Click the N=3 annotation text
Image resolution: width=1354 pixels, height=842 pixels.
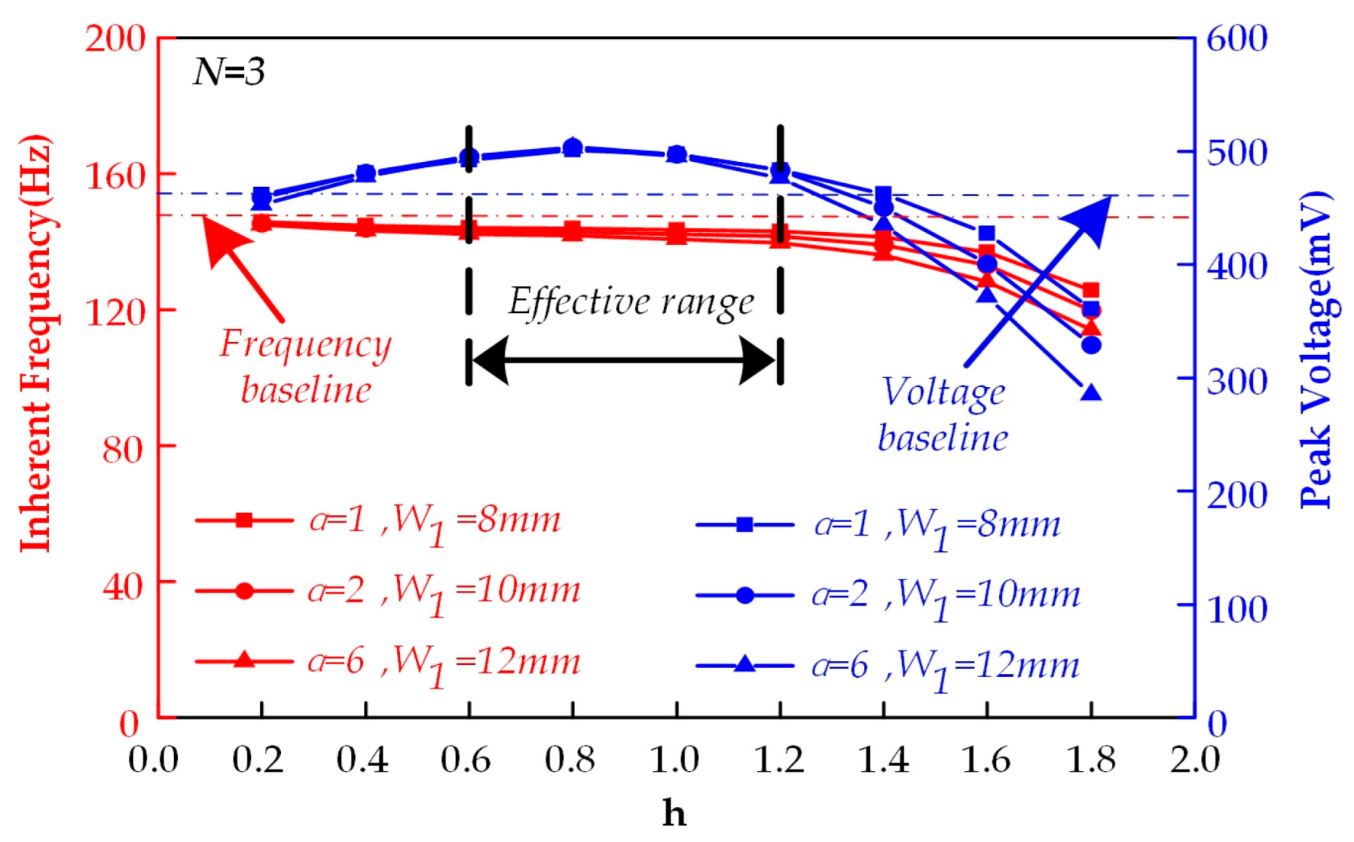[229, 73]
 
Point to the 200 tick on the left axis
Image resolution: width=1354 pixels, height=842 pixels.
[114, 38]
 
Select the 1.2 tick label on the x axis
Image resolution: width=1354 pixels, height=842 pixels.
[779, 760]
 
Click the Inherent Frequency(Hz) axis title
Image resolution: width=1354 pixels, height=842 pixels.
[36, 344]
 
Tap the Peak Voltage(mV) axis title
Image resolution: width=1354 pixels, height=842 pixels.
[1316, 351]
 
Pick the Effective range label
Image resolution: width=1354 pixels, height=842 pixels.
[631, 302]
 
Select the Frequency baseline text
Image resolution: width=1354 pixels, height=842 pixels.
[305, 366]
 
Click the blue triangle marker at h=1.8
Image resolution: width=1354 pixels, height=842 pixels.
[1091, 393]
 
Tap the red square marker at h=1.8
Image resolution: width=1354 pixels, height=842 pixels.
[1091, 290]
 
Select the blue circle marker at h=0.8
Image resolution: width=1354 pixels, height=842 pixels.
[573, 147]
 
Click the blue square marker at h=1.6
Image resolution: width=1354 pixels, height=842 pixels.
[987, 234]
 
